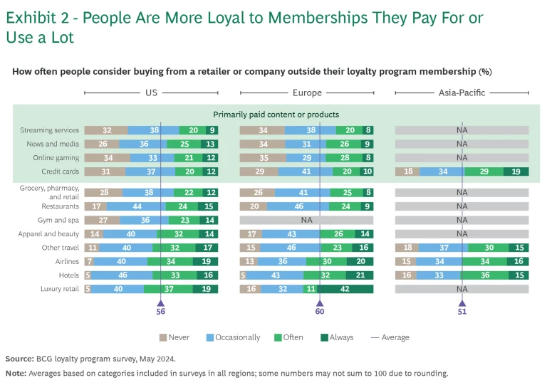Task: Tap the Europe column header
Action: coord(307,93)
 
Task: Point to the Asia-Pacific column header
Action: coord(462,93)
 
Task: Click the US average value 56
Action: coord(160,311)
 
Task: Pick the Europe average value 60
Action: coord(320,311)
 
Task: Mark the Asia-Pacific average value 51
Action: coord(462,311)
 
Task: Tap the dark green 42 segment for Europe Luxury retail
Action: coord(345,289)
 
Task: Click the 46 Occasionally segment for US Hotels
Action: coord(123,275)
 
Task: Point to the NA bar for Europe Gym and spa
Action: coord(307,220)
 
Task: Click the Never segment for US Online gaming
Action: coord(107,157)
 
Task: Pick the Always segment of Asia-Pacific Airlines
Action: coord(518,261)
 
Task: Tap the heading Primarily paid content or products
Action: coord(276,115)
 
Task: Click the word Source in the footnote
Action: coord(19,359)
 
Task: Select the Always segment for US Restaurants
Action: coord(208,206)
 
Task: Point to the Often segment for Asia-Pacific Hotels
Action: coord(487,275)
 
